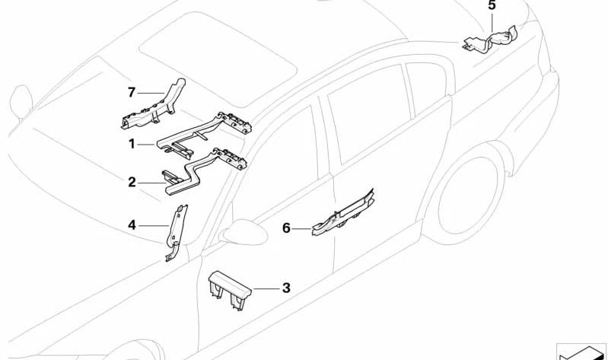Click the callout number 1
pyautogui.click(x=132, y=142)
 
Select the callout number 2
pyautogui.click(x=132, y=182)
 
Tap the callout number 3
pyautogui.click(x=286, y=288)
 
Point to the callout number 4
pyautogui.click(x=132, y=225)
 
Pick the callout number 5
pyautogui.click(x=492, y=6)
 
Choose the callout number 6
pyautogui.click(x=286, y=227)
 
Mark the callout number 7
pyautogui.click(x=132, y=92)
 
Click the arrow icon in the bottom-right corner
pyautogui.click(x=582, y=351)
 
